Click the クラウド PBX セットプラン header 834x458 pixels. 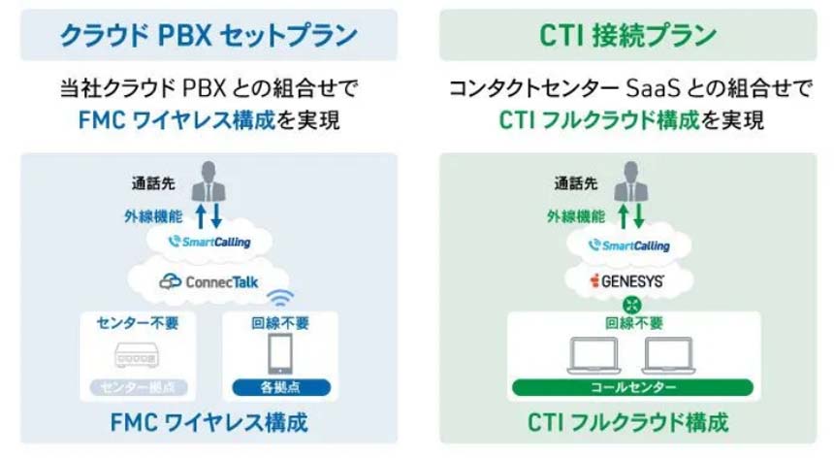(208, 36)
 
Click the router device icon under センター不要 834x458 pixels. (137, 356)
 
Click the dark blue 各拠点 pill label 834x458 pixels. (280, 388)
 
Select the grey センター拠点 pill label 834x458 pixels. (137, 388)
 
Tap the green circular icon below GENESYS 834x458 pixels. (634, 304)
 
